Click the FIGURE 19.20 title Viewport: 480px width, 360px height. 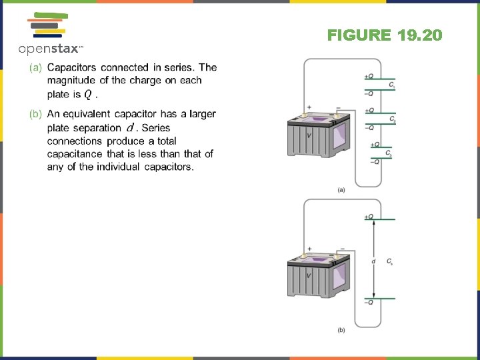tap(385, 35)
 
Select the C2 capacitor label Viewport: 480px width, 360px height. tap(393, 121)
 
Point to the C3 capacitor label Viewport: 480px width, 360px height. tap(389, 155)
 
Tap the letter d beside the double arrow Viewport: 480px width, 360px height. tap(373, 261)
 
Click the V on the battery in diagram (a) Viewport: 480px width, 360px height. tap(308, 135)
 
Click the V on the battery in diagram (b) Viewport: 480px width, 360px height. tap(308, 275)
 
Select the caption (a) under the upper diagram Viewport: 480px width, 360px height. tap(341, 190)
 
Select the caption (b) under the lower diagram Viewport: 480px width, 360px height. tap(341, 329)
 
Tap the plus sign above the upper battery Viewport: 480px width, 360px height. tap(309, 107)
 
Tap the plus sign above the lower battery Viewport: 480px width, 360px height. tap(309, 248)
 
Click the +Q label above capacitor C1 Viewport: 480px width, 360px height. tap(369, 77)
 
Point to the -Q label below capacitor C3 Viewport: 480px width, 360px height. tap(375, 161)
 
